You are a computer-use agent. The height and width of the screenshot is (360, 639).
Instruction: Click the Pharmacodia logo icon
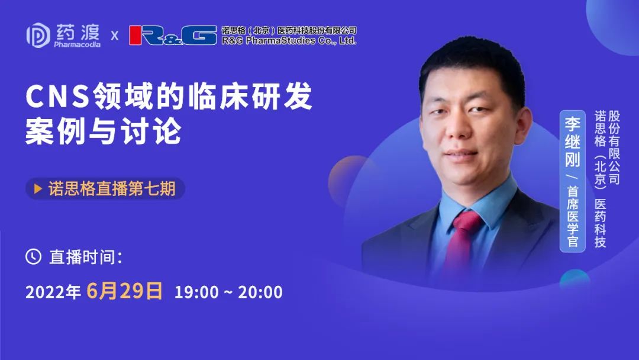point(38,35)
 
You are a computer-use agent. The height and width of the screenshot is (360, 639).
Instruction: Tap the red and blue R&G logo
point(173,35)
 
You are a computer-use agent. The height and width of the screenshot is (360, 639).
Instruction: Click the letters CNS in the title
point(57,97)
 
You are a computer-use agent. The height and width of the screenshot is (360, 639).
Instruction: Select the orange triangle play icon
point(38,189)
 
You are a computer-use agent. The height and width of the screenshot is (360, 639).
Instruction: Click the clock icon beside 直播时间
point(33,256)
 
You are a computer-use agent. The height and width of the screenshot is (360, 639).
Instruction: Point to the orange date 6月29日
point(125,291)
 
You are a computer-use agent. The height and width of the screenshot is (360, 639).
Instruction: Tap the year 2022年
point(53,292)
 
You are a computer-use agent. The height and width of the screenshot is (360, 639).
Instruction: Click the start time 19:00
point(196,292)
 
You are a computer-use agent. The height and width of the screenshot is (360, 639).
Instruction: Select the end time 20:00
point(260,292)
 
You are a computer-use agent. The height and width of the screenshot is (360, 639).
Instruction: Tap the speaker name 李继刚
point(572,142)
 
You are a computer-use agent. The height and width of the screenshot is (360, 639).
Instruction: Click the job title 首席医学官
point(573,217)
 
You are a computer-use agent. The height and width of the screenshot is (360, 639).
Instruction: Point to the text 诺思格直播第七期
point(112,189)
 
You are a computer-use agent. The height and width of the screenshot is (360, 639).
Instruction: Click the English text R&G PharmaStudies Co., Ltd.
point(289,40)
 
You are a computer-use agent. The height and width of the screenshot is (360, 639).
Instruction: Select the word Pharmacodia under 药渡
point(77,44)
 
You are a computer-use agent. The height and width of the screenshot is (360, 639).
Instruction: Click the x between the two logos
point(115,36)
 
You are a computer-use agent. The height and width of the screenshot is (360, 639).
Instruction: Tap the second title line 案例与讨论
point(103,131)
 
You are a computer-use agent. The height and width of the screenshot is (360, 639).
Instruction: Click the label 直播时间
point(85,257)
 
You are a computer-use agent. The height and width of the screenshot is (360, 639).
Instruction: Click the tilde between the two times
point(228,292)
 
